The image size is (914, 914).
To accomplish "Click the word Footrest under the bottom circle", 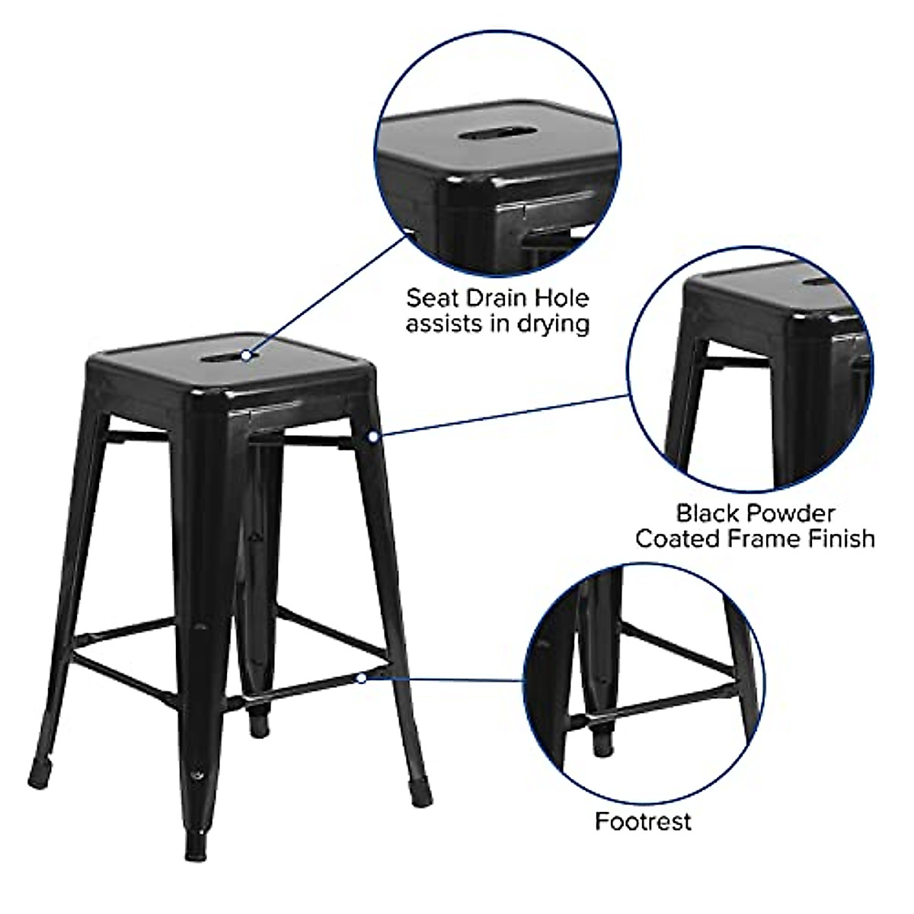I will (x=643, y=821).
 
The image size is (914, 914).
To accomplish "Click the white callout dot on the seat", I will (x=248, y=354).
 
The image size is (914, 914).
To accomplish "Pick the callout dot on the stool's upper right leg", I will (x=373, y=436).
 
